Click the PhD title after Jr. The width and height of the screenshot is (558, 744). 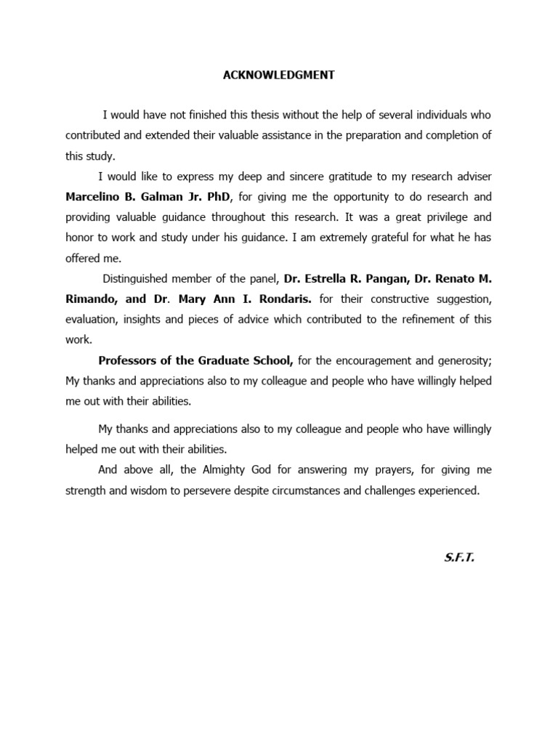(217, 197)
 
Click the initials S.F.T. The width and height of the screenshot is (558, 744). (459, 559)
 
